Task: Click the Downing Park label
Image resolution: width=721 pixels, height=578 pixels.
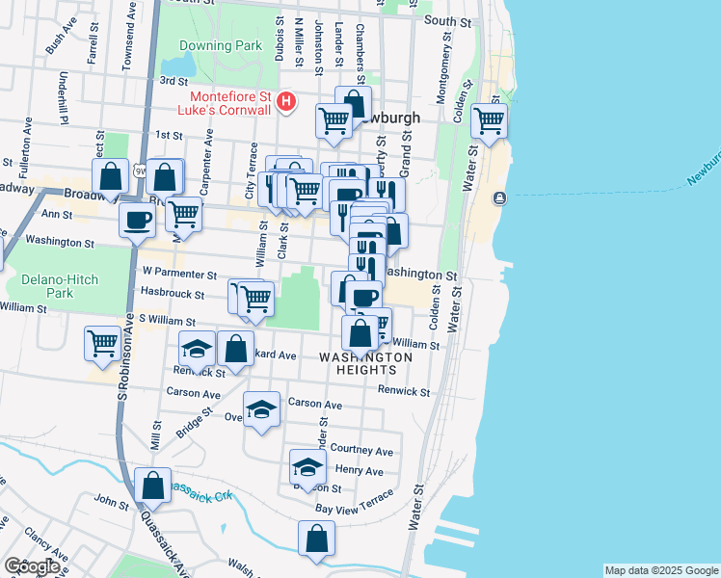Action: (x=205, y=45)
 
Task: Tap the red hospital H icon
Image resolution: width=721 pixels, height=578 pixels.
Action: (x=285, y=100)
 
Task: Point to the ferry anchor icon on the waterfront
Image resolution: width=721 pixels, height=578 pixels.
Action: (x=498, y=198)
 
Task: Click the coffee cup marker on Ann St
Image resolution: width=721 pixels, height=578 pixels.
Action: (x=136, y=219)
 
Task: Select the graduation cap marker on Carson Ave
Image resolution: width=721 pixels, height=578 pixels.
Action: (x=261, y=408)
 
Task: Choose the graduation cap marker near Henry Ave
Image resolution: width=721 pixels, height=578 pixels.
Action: (x=307, y=466)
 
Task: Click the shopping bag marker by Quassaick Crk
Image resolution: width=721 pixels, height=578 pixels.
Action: (x=152, y=486)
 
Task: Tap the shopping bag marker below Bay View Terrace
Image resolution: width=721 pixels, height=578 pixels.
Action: (x=316, y=539)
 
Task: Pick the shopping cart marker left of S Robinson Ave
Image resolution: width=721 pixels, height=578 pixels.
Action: (x=101, y=342)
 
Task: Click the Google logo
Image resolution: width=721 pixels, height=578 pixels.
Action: (x=32, y=567)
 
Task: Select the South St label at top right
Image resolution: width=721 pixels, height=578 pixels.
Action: (x=452, y=20)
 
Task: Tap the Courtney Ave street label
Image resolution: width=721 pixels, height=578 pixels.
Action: (x=361, y=450)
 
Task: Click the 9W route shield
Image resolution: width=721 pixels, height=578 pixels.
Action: (x=141, y=171)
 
